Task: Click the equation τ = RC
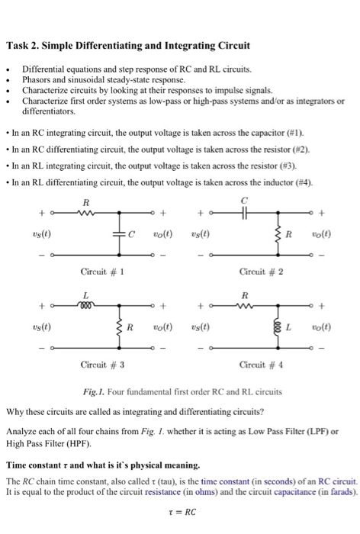click(179, 513)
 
